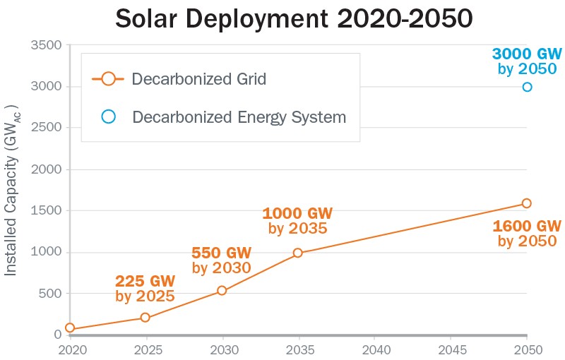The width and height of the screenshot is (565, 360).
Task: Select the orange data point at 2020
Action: [69, 328]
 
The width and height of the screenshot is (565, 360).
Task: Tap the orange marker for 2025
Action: [145, 318]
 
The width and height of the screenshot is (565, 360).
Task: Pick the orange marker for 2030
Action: [222, 290]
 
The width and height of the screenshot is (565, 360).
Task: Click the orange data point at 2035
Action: [298, 253]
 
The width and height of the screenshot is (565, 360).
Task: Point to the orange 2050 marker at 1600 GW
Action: [527, 203]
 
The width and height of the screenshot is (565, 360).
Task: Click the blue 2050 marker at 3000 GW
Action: [527, 87]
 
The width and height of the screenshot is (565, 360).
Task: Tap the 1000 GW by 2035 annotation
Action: [297, 220]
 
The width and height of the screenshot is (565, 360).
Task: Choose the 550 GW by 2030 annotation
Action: [222, 260]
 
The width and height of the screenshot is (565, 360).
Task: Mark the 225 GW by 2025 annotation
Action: [145, 289]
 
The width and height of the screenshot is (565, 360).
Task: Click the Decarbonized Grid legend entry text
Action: [198, 79]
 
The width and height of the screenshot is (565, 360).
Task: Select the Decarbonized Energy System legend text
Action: [239, 117]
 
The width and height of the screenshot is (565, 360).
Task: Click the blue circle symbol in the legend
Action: [108, 116]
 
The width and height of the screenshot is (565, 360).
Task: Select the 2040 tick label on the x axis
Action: [375, 349]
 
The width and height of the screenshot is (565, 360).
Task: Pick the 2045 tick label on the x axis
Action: [451, 349]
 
